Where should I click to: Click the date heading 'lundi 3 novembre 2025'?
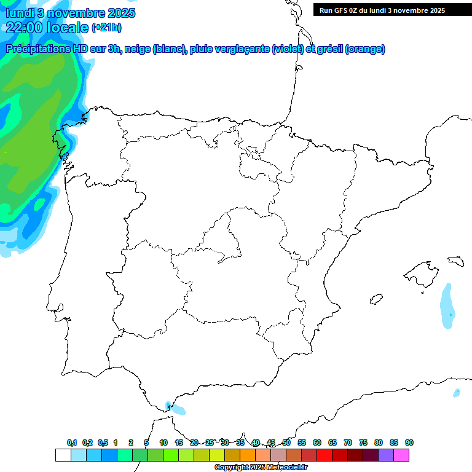pyautogui.click(x=71, y=13)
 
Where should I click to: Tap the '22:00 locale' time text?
pyautogui.click(x=47, y=27)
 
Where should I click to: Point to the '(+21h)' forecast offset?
pyautogui.click(x=106, y=28)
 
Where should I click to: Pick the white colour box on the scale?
pyautogui.click(x=63, y=455)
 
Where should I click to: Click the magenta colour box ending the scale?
pyautogui.click(x=401, y=455)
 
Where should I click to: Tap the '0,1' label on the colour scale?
pyautogui.click(x=72, y=442)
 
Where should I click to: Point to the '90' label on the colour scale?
pyautogui.click(x=409, y=442)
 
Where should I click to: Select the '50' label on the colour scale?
pyautogui.click(x=286, y=442)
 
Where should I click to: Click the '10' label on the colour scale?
pyautogui.click(x=163, y=442)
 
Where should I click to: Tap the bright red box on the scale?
pyautogui.click(x=324, y=455)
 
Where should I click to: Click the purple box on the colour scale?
pyautogui.click(x=386, y=455)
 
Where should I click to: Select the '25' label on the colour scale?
pyautogui.click(x=210, y=442)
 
